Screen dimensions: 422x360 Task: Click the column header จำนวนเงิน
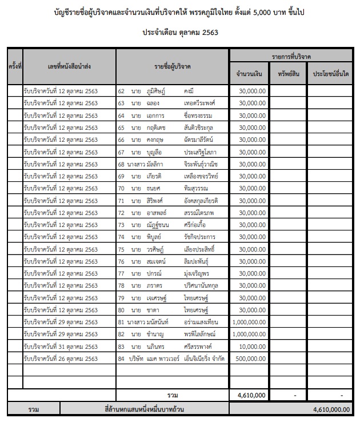point(249,74)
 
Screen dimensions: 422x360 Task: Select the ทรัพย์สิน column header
point(289,74)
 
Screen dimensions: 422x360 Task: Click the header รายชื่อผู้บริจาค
point(173,67)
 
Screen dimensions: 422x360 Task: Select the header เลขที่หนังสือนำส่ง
point(69,67)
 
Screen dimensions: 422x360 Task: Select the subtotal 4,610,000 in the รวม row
point(251,395)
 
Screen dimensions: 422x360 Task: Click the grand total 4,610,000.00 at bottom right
point(331,409)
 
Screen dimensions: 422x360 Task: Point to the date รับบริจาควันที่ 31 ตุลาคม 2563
point(61,347)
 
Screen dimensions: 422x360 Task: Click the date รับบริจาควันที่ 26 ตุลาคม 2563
point(61,359)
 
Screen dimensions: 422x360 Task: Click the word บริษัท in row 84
point(137,359)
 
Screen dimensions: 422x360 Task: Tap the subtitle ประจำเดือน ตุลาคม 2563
point(180,33)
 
